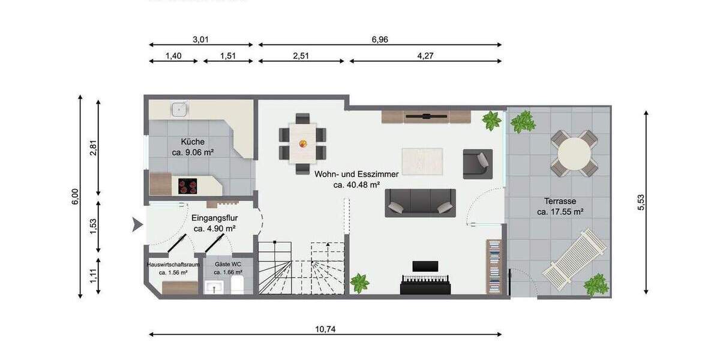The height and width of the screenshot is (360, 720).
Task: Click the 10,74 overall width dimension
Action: tap(325, 328)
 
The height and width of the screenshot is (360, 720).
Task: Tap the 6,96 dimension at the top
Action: tap(378, 40)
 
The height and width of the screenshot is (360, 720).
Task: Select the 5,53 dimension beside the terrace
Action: tap(641, 202)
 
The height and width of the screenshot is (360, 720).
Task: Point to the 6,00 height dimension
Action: tap(74, 196)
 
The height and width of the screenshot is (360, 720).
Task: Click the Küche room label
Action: tap(193, 142)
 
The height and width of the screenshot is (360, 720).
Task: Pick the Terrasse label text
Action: tap(560, 201)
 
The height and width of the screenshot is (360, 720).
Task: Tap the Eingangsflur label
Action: tap(214, 218)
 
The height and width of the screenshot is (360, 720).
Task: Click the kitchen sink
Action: tap(179, 109)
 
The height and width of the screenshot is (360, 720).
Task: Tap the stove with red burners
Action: tap(188, 186)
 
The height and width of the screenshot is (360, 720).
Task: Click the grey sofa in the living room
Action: tap(420, 203)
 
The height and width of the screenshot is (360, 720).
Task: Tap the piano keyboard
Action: tap(425, 285)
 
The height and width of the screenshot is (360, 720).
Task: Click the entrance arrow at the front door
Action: tap(137, 226)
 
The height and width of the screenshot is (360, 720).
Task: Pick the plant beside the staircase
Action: tap(359, 282)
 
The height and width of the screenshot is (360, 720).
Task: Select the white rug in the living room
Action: tap(422, 160)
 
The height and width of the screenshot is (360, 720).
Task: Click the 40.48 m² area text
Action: tap(356, 185)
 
